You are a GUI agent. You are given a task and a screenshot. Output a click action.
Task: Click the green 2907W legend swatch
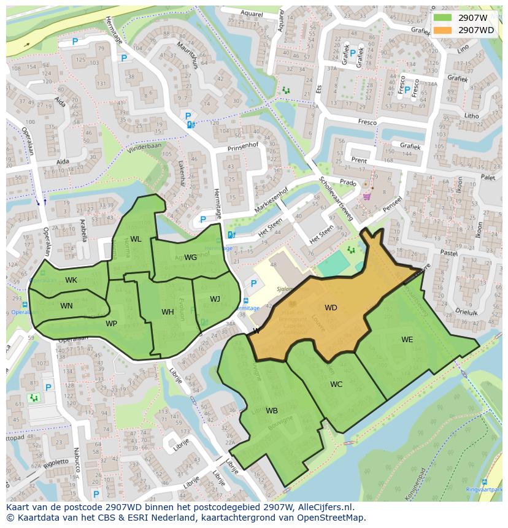coord(442,18)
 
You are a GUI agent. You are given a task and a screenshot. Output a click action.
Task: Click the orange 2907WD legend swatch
coord(442,30)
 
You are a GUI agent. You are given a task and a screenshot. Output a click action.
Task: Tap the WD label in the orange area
coord(331,308)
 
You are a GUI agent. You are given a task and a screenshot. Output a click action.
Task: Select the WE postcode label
coord(407,340)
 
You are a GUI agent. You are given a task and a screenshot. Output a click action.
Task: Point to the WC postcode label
coord(336,385)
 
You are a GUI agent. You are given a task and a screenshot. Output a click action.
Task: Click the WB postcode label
coord(272,411)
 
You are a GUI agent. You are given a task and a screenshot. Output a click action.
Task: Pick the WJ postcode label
coord(215,299)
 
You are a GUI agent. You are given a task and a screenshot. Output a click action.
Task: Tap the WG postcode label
coord(190,258)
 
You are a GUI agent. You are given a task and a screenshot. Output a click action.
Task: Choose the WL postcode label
coord(136,239)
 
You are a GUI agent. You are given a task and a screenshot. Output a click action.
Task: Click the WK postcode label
coord(71,280)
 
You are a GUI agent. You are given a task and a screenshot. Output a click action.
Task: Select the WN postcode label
coord(66,306)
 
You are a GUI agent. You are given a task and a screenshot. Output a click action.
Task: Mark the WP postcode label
coord(111,324)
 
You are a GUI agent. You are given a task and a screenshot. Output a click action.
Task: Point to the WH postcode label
coord(167,312)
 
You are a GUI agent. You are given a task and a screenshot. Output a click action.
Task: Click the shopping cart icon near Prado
coord(367,197)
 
